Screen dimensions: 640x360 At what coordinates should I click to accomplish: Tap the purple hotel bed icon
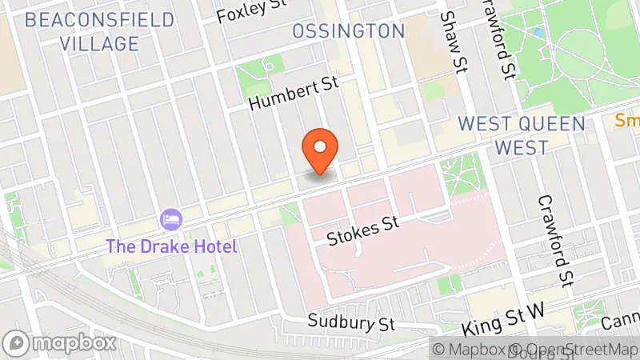tap(170, 218)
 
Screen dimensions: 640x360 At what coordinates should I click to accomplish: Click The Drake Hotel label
tap(173, 246)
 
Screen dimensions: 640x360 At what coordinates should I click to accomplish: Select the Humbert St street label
tap(294, 94)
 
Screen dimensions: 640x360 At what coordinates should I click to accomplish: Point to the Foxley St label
tap(252, 12)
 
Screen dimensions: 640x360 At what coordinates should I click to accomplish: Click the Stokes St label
tap(363, 230)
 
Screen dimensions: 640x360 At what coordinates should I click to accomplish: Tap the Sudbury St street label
tap(353, 324)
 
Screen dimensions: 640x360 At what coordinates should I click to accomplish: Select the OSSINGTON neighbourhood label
tap(349, 31)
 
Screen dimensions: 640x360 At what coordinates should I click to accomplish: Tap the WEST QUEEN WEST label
tap(521, 135)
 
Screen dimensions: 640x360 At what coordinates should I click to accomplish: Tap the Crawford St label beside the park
tap(496, 38)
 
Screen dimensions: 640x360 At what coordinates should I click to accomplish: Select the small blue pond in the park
tap(538, 33)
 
